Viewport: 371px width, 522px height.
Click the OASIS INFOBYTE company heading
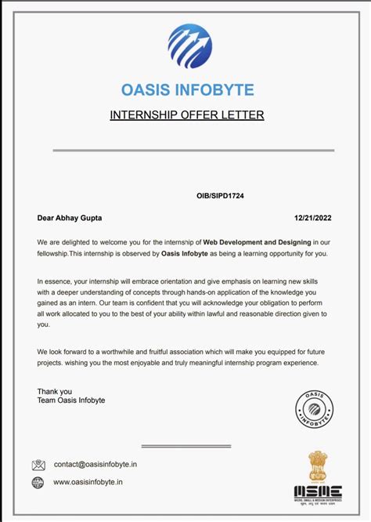click(x=187, y=90)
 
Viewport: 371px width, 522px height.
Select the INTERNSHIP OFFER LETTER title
click(x=187, y=115)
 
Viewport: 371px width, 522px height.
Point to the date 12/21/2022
click(x=313, y=216)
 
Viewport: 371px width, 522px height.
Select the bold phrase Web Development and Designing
click(x=257, y=241)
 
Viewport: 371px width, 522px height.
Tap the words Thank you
click(x=54, y=391)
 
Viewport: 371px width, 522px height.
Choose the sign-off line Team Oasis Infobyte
click(x=70, y=401)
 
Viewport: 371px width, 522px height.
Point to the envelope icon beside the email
click(x=38, y=465)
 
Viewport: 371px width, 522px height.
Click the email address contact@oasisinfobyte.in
click(x=95, y=464)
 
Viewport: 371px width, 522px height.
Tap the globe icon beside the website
click(x=38, y=482)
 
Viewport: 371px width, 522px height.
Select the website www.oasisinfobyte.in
click(x=88, y=482)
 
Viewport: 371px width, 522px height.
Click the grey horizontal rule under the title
click(x=193, y=150)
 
